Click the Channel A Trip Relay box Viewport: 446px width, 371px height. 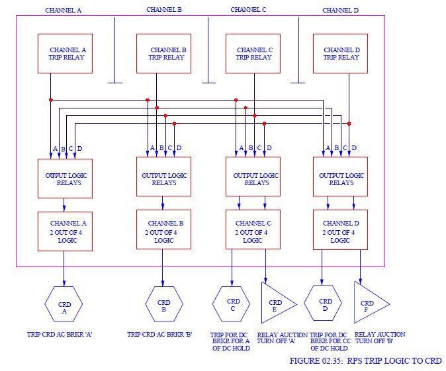(65, 53)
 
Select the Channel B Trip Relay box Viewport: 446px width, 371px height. (163, 53)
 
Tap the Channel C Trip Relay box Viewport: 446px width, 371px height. (253, 53)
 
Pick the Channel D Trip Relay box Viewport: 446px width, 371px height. (341, 53)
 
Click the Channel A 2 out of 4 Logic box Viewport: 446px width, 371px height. (64, 231)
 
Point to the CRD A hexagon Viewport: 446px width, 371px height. (64, 306)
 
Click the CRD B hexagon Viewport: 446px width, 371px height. (164, 304)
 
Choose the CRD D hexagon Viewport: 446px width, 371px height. (322, 303)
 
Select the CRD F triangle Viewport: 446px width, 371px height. (369, 303)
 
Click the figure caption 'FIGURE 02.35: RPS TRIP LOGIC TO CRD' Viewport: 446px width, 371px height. (365, 361)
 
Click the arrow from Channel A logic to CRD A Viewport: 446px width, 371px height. (64, 268)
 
